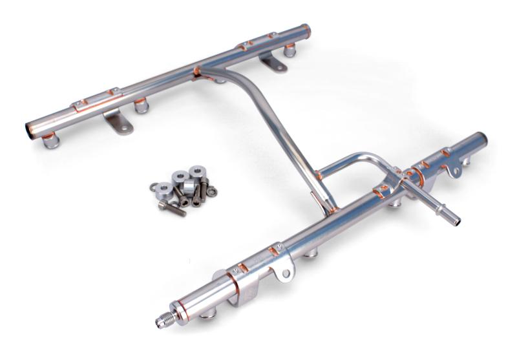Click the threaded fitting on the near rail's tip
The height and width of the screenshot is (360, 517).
(x=164, y=319)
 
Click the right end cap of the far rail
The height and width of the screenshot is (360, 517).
(x=306, y=30)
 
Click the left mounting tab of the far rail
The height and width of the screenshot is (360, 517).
(x=119, y=123)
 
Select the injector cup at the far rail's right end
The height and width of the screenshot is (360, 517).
(x=290, y=49)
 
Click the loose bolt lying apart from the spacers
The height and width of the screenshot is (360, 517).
(x=172, y=207)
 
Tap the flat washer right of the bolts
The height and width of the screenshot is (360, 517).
(x=211, y=191)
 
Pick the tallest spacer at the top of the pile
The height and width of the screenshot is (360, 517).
(x=196, y=173)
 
